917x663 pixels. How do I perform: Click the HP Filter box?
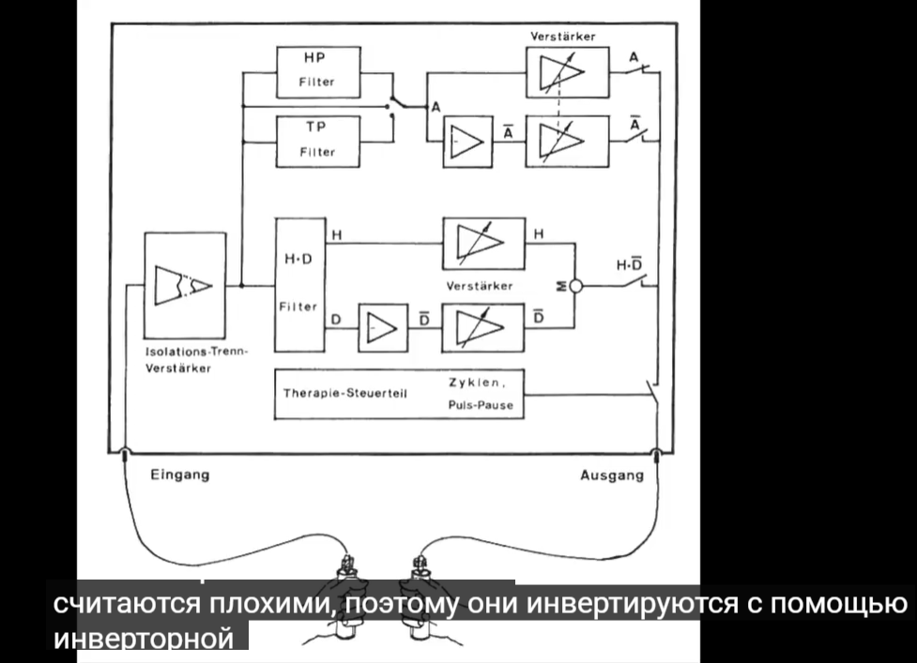pos(317,71)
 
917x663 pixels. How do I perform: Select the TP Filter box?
pos(317,141)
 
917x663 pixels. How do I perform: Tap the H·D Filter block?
pos(298,284)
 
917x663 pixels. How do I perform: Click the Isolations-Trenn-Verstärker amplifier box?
pos(185,285)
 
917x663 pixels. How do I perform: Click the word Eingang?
pos(180,475)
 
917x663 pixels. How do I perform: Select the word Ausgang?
pos(612,475)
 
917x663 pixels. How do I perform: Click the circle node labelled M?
pos(576,286)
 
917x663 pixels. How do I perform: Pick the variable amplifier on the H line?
pos(482,243)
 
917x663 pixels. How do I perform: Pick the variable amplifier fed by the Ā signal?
pos(562,142)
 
